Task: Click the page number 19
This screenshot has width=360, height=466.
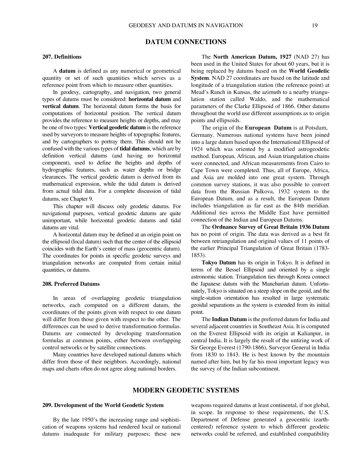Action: (x=315, y=25)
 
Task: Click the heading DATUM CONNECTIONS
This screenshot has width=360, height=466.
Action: (x=186, y=42)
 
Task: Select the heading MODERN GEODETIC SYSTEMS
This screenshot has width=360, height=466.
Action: (x=186, y=390)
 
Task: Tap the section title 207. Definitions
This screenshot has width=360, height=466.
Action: (x=62, y=57)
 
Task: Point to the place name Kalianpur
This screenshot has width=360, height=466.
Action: (x=308, y=333)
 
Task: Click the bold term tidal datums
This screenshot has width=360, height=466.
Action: (x=135, y=149)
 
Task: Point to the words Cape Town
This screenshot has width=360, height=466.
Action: (x=202, y=170)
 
